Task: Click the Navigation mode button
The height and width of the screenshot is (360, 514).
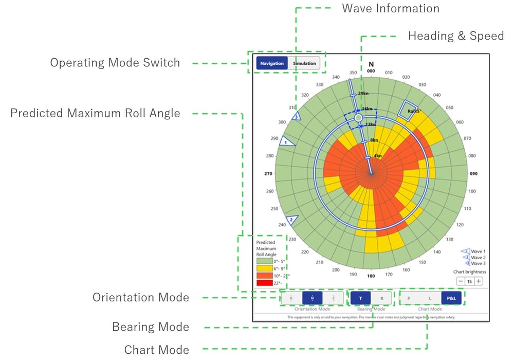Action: point(272,63)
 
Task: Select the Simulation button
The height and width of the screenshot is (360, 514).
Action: point(304,63)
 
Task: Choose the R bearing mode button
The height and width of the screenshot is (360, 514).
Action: point(381,298)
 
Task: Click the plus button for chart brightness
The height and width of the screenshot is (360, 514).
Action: point(479,281)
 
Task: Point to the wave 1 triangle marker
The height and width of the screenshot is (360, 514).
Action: point(287,141)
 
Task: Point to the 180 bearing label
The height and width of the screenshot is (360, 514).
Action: point(371,276)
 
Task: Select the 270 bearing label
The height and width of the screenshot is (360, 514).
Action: point(268,174)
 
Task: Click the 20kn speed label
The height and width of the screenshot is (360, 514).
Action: point(363,93)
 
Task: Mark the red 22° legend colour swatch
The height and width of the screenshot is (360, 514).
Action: point(264,283)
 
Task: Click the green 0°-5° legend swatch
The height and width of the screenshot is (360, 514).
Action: point(264,261)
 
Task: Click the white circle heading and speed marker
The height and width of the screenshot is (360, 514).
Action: point(359,118)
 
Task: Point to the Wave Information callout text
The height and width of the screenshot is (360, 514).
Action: point(390,9)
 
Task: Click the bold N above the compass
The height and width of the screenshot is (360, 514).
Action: point(371,65)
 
